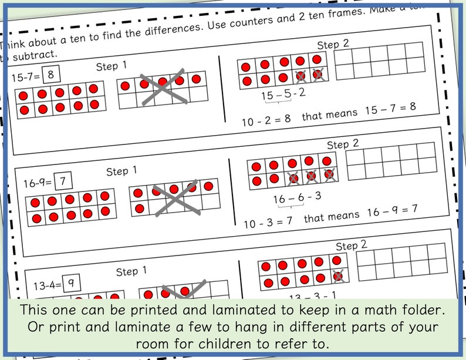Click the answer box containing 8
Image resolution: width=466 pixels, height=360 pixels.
[x=51, y=74]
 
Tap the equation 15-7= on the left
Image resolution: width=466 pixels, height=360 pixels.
[x=26, y=76]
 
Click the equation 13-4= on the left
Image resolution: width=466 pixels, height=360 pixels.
[x=46, y=285]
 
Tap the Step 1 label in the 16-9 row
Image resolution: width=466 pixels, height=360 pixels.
[x=121, y=171]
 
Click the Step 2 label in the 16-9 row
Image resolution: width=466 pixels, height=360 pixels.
[x=342, y=144]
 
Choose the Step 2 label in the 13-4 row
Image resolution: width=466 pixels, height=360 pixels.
[x=351, y=245]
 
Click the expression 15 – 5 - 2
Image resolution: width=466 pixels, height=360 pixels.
[x=283, y=93]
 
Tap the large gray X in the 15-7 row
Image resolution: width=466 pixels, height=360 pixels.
[x=163, y=89]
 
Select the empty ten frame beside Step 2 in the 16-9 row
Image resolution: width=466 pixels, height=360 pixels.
[x=392, y=160]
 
